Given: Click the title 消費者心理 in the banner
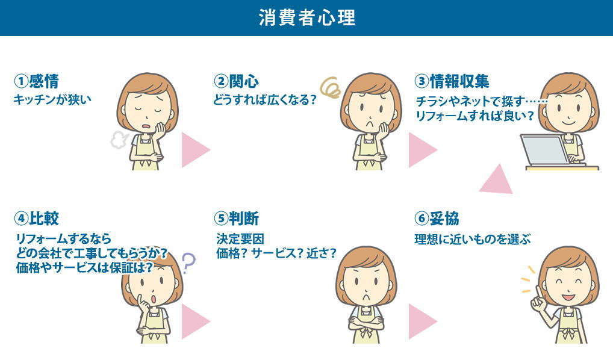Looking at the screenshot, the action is tap(307, 18).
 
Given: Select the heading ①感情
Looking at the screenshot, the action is tap(36, 81).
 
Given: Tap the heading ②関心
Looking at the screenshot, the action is tap(237, 81).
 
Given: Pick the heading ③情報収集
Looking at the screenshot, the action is tap(452, 81).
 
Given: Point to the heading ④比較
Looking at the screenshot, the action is tap(36, 218).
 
